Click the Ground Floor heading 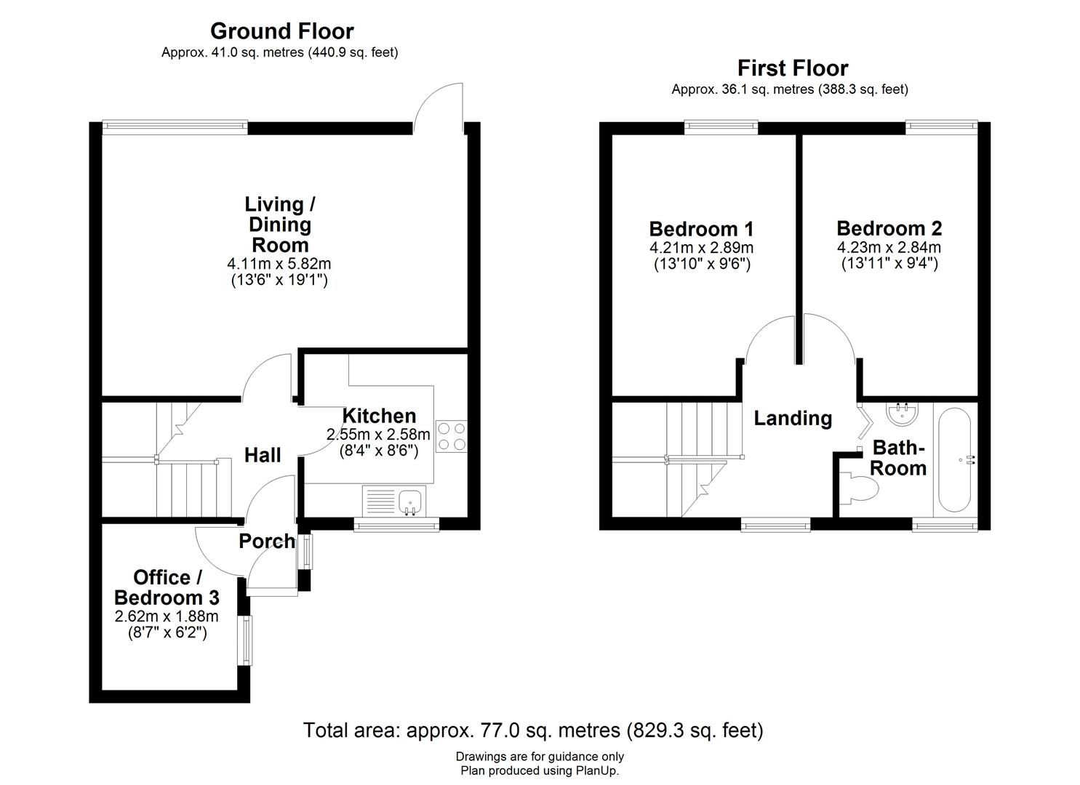pos(281,31)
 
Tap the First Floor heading pos(792,68)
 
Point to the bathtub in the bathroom pos(954,460)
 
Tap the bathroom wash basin pos(902,414)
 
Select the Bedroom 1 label pos(700,229)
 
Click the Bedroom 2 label pos(889,228)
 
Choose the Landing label pos(793,419)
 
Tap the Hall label pos(263,456)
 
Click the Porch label pos(267,542)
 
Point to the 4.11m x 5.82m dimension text pos(279,264)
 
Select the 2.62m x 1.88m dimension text pos(166,616)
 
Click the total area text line pos(532,730)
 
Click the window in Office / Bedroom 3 pos(247,640)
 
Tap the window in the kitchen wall pos(396,524)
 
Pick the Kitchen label pos(379,416)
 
